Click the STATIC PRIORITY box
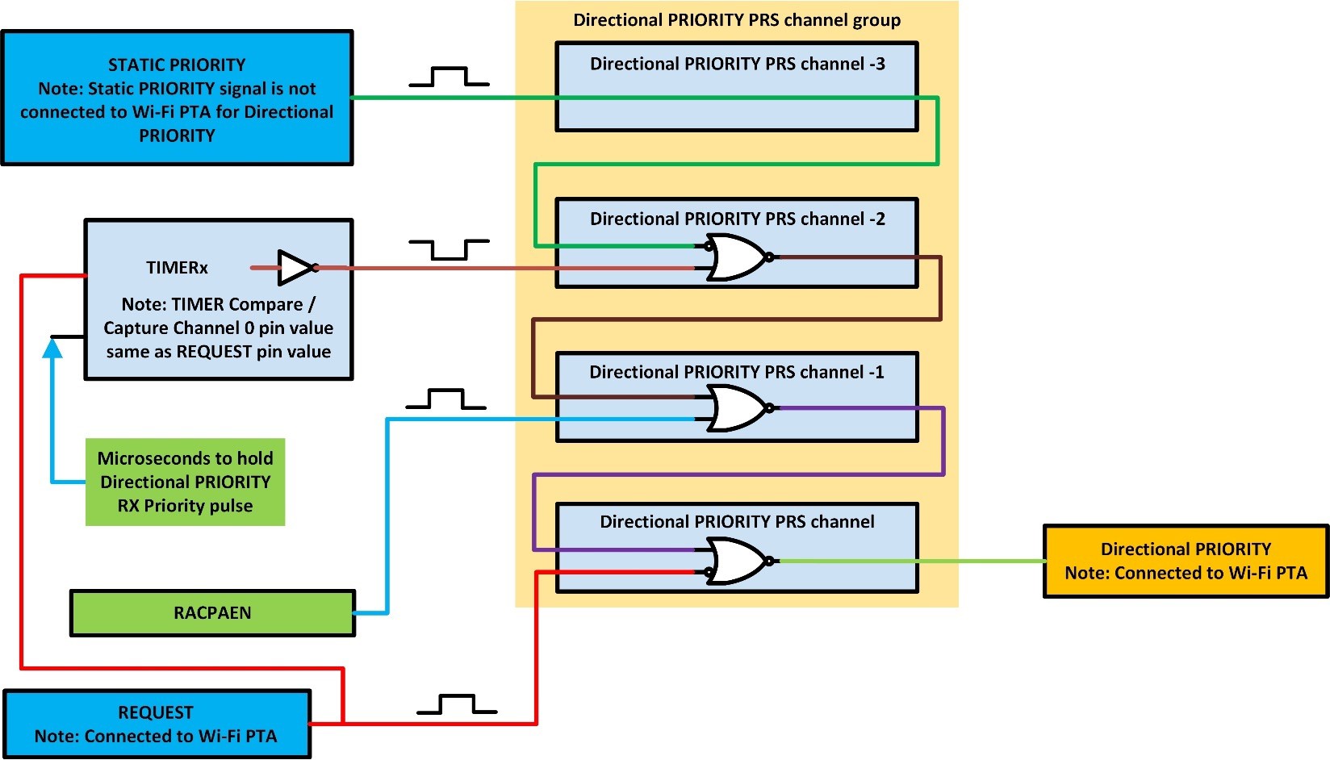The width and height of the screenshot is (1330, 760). [177, 98]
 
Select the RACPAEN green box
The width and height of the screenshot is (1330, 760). [212, 613]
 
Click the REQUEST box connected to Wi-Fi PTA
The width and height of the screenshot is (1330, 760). [157, 724]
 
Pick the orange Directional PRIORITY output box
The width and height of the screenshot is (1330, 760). [1185, 561]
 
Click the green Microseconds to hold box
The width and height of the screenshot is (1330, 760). [185, 482]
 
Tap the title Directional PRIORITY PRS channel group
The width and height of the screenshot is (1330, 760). [737, 20]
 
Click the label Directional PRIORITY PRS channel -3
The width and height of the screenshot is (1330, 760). [737, 64]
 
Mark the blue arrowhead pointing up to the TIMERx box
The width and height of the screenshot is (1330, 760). [52, 348]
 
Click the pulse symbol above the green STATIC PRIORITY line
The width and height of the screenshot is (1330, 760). [449, 77]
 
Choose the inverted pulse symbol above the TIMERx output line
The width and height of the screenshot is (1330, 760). [449, 249]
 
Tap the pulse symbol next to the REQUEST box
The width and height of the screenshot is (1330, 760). [457, 704]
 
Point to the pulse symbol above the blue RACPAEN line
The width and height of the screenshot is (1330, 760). [445, 399]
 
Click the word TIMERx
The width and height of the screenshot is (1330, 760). [177, 268]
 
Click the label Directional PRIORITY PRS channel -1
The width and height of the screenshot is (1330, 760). [736, 372]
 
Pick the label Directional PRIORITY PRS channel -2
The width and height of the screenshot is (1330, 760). [737, 219]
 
